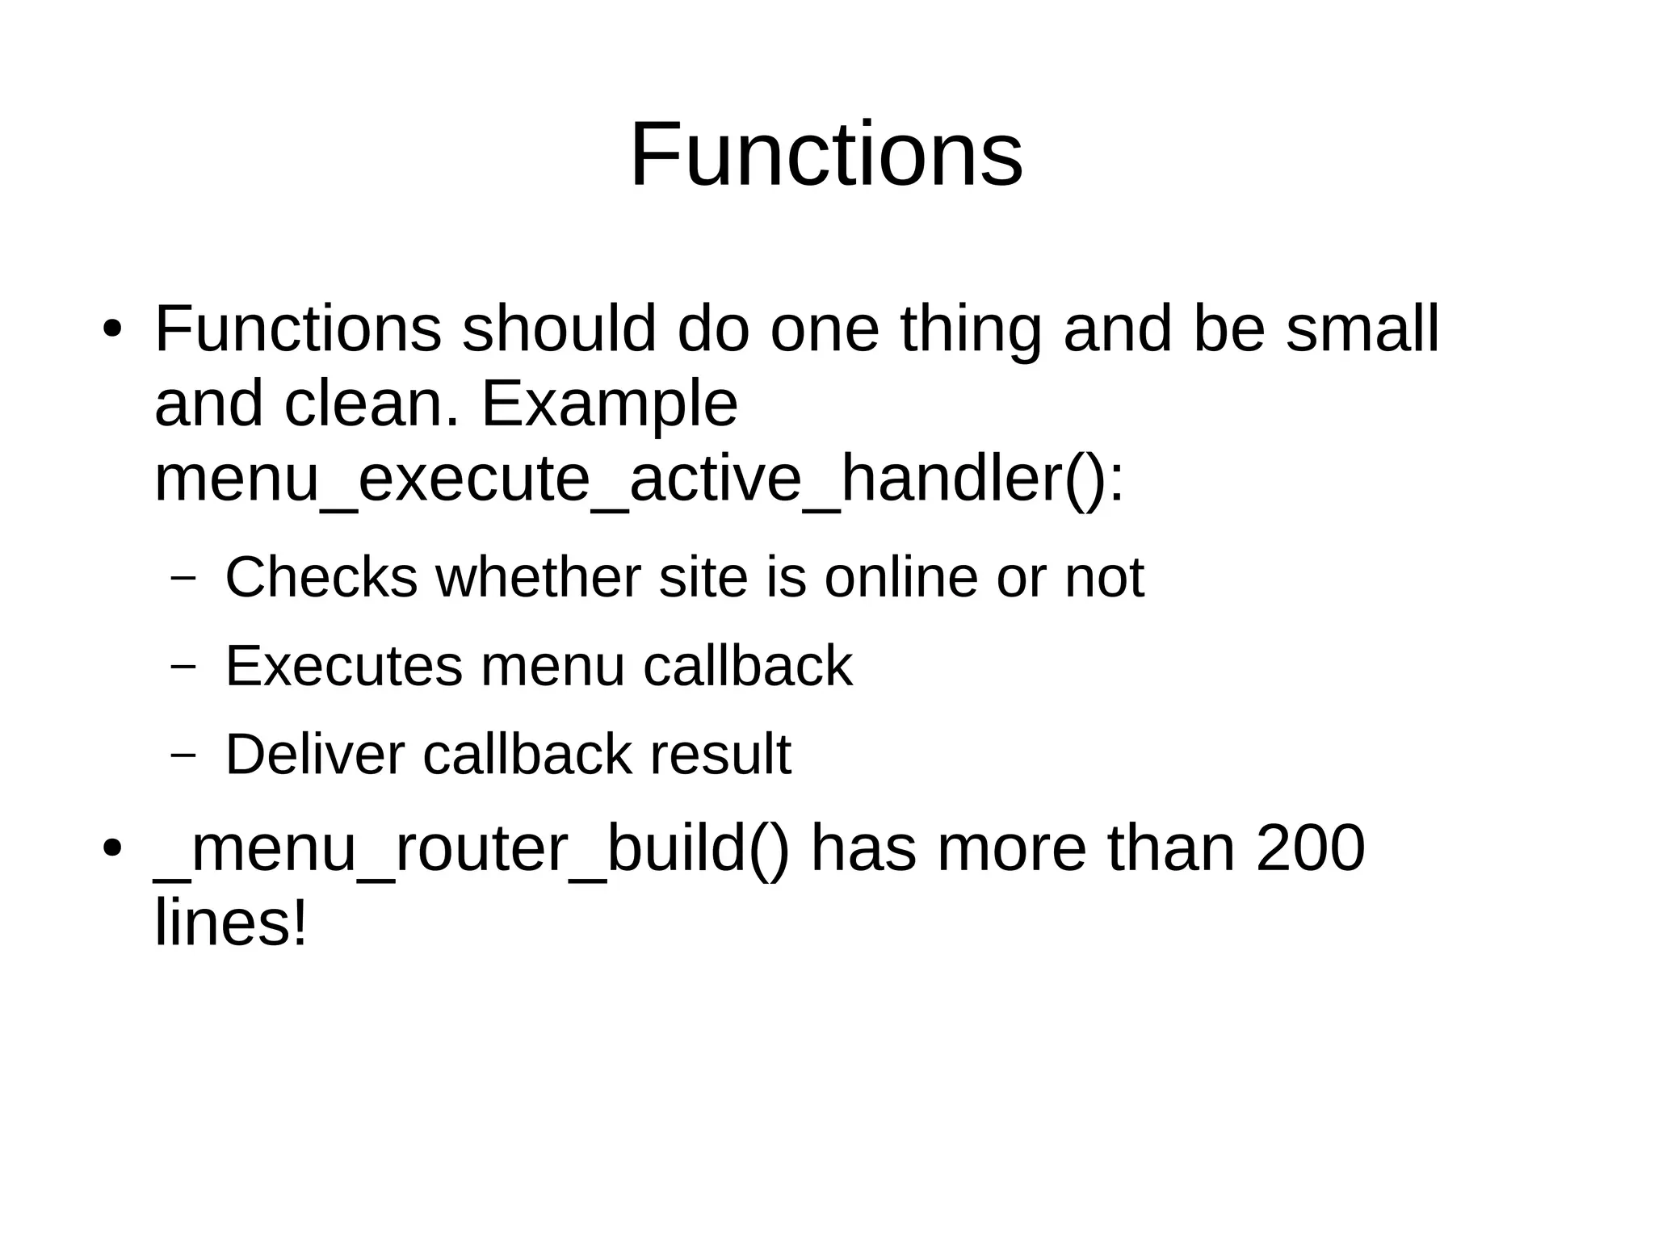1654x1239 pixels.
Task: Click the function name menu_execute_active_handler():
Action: tap(638, 480)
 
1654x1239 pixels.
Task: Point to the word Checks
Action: tap(321, 577)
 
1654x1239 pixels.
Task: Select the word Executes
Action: tap(343, 666)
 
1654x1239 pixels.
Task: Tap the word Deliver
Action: tap(314, 755)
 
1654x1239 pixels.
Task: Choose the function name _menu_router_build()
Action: tap(472, 849)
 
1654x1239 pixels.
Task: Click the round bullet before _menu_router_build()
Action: tap(112, 849)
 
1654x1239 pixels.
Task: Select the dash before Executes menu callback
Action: tap(184, 667)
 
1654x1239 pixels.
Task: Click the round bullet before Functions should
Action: tap(112, 330)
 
